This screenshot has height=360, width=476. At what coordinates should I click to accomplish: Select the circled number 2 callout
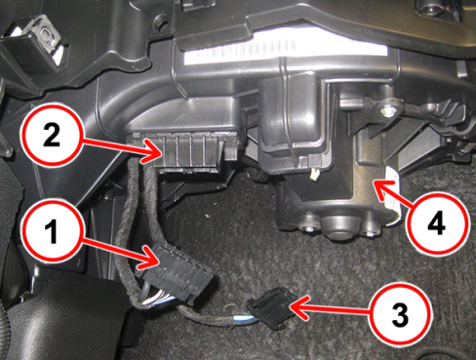pos(52,135)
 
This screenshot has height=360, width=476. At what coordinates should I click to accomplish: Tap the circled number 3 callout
pos(401,314)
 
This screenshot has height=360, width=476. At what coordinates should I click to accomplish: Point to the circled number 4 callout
pos(437,223)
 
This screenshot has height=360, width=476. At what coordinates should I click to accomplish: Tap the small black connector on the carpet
pos(271,308)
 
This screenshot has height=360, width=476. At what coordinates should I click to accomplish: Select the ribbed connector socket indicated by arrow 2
pos(188,151)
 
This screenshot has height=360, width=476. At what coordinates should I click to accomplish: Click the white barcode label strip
pos(286,50)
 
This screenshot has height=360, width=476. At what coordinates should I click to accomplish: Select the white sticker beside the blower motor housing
pos(395,195)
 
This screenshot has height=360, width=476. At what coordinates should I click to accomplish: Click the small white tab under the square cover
pos(314,175)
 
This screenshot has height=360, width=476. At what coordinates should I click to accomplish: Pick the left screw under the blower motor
pos(309,229)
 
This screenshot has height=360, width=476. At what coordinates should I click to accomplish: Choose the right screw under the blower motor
pos(368,234)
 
